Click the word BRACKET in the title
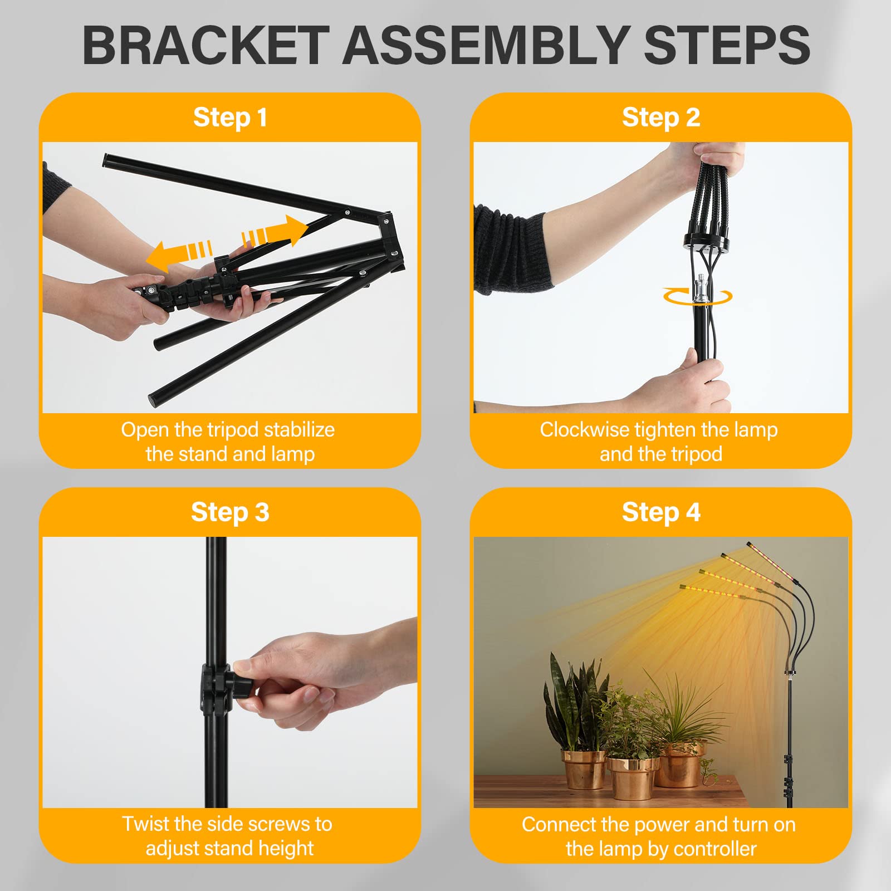pyautogui.click(x=205, y=46)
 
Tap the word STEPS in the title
pyautogui.click(x=727, y=46)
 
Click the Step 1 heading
pyautogui.click(x=230, y=118)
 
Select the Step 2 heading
pyautogui.click(x=661, y=118)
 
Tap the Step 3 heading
pyautogui.click(x=230, y=512)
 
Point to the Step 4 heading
pyautogui.click(x=661, y=512)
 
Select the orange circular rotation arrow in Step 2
pyautogui.click(x=697, y=297)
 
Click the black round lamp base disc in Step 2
pyautogui.click(x=706, y=243)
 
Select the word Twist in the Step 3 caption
pyautogui.click(x=147, y=824)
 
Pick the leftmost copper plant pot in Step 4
pyautogui.click(x=583, y=769)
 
